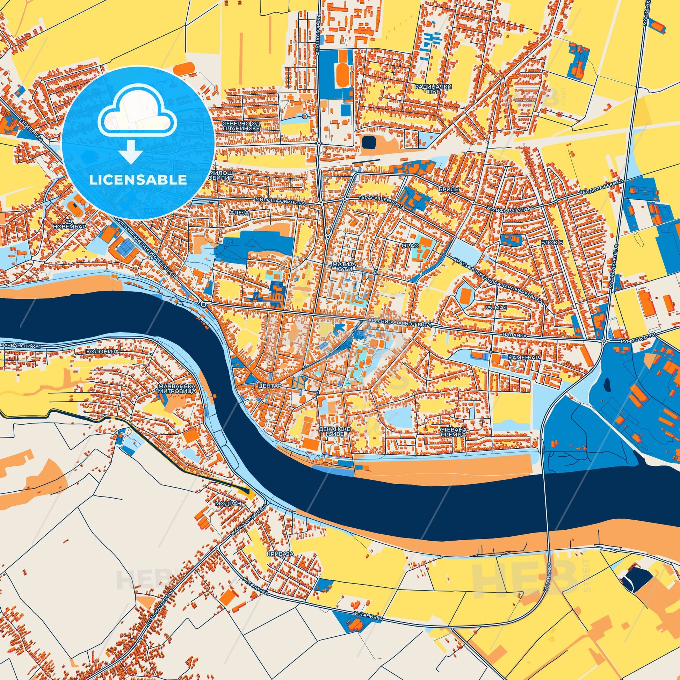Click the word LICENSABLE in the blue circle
138,180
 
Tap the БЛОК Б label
551,243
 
